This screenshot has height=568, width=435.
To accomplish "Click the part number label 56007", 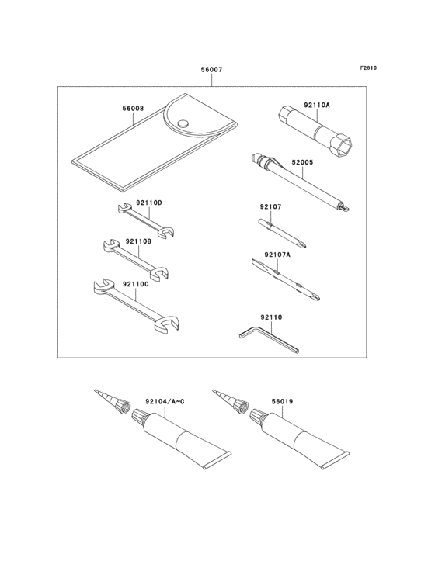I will point(211,70).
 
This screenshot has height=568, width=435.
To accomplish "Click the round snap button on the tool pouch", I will point(183,123).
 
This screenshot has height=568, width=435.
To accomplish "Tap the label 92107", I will point(270,207).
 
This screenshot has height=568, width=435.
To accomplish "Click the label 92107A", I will point(277,254).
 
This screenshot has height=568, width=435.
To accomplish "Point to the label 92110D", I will point(148,203).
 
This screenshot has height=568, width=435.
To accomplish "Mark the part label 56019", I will point(282,402).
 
